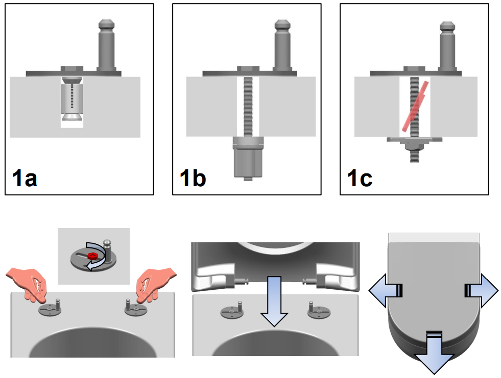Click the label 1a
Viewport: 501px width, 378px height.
point(25,179)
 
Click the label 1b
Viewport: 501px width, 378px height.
point(193,179)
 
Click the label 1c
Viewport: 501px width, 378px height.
point(360,179)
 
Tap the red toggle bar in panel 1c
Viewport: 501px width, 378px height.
point(414,106)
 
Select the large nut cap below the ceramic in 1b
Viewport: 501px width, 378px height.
point(248,158)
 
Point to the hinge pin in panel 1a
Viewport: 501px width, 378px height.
point(107,46)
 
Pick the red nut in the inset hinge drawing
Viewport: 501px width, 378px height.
point(92,255)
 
